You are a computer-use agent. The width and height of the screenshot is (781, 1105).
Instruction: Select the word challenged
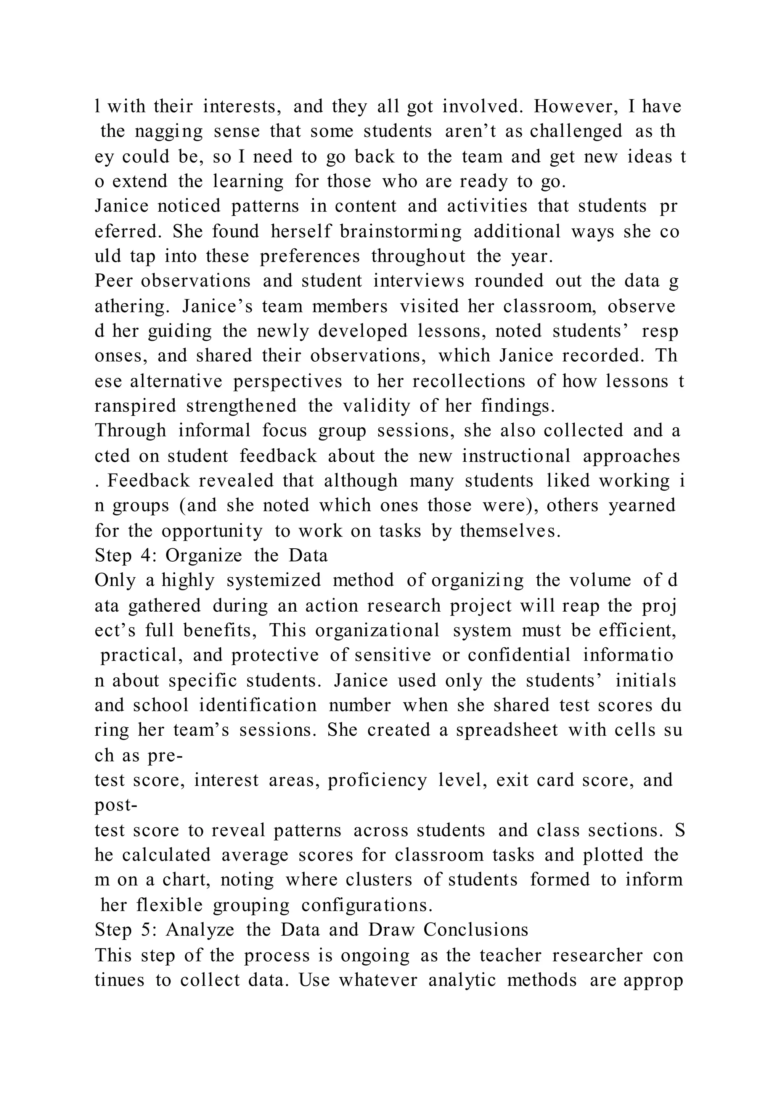576,131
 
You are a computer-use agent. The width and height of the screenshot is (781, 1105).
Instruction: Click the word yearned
642,505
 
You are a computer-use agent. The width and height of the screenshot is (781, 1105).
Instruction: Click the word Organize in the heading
204,556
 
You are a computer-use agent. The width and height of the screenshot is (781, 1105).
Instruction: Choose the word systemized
274,580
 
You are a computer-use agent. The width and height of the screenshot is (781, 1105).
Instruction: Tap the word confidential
519,655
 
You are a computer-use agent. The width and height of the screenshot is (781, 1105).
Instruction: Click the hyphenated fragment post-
116,805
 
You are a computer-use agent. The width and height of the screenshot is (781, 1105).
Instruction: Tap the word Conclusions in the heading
476,930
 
